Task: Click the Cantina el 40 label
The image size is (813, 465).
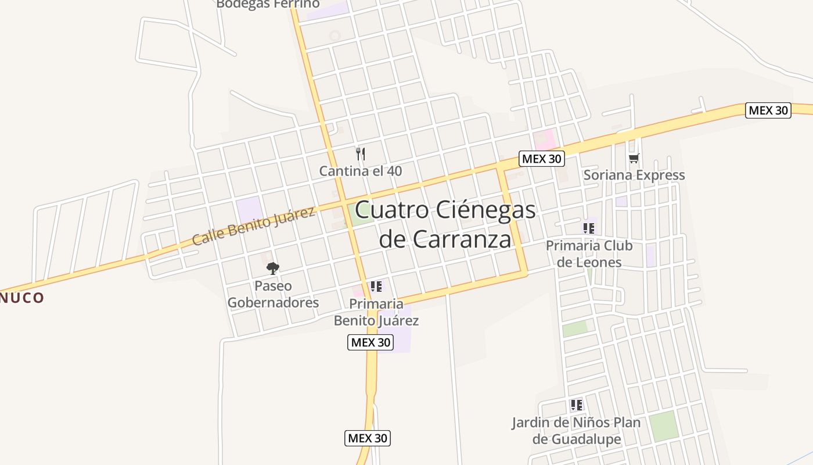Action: coord(360,171)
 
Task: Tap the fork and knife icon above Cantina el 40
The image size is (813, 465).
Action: coord(361,154)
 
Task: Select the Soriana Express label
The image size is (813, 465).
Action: coord(634,175)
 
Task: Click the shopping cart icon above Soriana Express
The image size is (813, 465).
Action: coord(634,158)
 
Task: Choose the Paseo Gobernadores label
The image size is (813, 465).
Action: coord(273,294)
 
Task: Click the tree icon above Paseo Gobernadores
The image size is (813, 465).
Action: coord(272,268)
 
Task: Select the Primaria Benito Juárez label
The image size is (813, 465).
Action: coord(376,312)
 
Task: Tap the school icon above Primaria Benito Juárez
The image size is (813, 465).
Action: coord(376,286)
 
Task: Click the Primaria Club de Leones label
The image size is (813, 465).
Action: coord(589,253)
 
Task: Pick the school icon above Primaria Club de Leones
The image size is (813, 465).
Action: coord(589,228)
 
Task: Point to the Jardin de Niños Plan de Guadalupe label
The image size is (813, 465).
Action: coord(576,431)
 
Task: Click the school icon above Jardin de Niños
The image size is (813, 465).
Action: coord(576,405)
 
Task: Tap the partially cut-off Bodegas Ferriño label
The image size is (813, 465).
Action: coord(268,4)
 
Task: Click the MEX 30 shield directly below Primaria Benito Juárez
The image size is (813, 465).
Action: coord(370,342)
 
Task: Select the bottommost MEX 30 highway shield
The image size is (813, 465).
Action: coord(368,438)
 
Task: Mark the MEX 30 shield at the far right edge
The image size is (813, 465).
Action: coord(768,110)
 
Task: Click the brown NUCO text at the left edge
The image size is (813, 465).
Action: coord(22,298)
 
